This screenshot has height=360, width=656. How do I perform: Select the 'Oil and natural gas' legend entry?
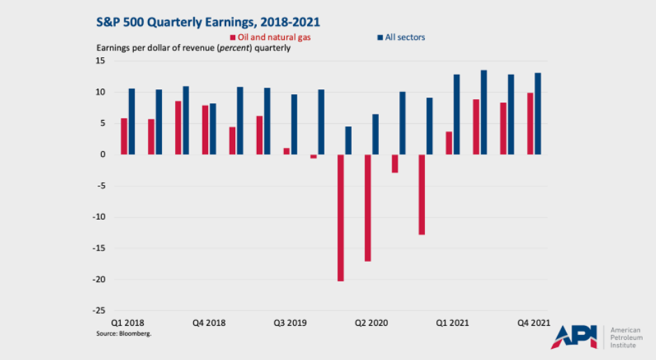(270, 37)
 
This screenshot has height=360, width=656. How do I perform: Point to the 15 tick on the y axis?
(100, 61)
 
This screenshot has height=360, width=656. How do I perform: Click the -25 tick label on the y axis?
(98, 310)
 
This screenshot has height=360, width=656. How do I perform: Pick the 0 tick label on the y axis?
(103, 154)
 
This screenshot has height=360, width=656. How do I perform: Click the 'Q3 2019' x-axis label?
(290, 323)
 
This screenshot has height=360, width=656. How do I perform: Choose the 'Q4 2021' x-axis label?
(533, 323)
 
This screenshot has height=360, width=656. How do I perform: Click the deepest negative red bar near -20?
(341, 218)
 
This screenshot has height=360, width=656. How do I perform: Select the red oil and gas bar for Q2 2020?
(368, 208)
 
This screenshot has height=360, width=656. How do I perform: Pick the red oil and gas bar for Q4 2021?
(530, 123)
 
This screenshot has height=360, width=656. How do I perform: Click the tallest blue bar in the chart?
(484, 112)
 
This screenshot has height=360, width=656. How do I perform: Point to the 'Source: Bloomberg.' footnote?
(124, 334)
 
